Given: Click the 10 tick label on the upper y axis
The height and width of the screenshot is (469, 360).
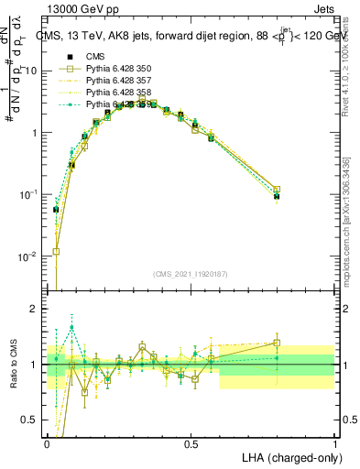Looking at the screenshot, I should point(30,71).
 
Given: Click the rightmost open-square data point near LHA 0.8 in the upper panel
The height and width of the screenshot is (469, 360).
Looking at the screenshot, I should point(277,190).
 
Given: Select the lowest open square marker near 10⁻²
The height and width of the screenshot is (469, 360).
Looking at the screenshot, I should point(57,251).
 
